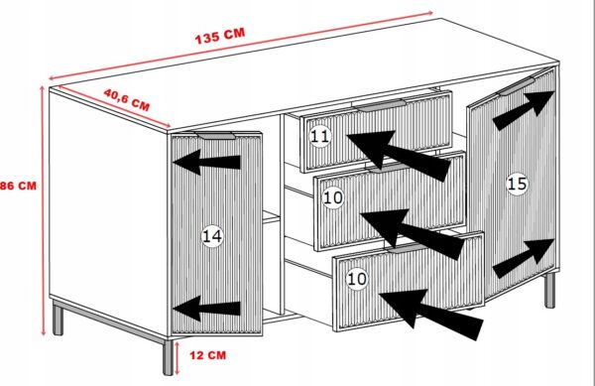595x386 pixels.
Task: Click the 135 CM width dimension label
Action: tap(220, 36)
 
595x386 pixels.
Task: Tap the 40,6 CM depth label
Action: tap(127, 99)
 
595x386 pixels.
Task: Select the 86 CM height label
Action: tap(18, 186)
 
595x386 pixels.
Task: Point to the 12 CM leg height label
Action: tap(207, 355)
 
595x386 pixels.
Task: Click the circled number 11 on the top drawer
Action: tap(320, 136)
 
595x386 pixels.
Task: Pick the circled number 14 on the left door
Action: tap(212, 236)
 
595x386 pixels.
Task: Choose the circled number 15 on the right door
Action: tap(517, 185)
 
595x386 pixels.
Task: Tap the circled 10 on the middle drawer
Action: tap(333, 197)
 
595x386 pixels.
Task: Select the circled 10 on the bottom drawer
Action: tap(357, 279)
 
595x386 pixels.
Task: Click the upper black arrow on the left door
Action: tap(207, 162)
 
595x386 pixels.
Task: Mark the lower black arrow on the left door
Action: tap(207, 309)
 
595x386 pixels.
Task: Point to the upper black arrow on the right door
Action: tap(523, 110)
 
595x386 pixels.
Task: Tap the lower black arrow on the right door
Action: tap(523, 258)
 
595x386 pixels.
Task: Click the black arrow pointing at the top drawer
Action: tap(399, 155)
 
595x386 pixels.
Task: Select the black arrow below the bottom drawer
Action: tap(430, 314)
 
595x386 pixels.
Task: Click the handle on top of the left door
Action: tap(215, 136)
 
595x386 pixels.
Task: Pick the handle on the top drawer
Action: tap(381, 105)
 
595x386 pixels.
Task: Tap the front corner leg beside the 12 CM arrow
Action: tap(169, 357)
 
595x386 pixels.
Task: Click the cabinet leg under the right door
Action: tap(549, 290)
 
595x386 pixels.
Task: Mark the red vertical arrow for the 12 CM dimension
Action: tap(178, 358)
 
